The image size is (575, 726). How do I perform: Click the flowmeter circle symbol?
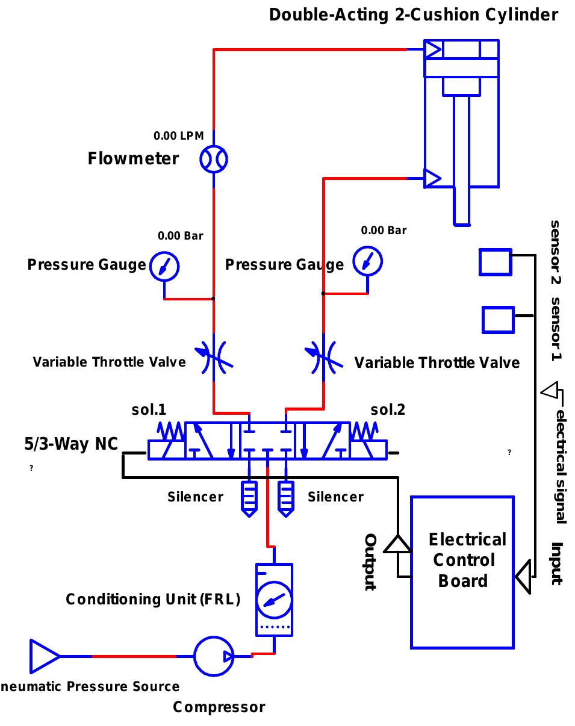point(214,160)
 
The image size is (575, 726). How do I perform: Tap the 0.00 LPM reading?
point(179,136)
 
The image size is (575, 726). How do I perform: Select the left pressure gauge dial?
point(164,265)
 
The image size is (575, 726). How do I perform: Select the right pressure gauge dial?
point(367,261)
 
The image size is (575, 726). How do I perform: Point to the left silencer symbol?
point(249,498)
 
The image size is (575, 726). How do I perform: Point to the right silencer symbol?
point(286,498)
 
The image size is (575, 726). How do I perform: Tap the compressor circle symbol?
point(214,656)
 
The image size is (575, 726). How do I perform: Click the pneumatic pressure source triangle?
point(43,656)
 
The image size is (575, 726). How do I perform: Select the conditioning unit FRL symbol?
point(274,600)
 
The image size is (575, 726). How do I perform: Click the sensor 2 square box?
point(496,262)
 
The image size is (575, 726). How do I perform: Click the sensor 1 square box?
point(498,320)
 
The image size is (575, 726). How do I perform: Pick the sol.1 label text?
point(149,410)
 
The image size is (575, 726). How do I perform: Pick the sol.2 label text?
point(388,410)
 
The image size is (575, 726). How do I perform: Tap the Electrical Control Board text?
point(462,560)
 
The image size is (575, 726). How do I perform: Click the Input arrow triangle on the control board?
point(524,576)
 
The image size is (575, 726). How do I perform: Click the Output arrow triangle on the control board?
point(397,544)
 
